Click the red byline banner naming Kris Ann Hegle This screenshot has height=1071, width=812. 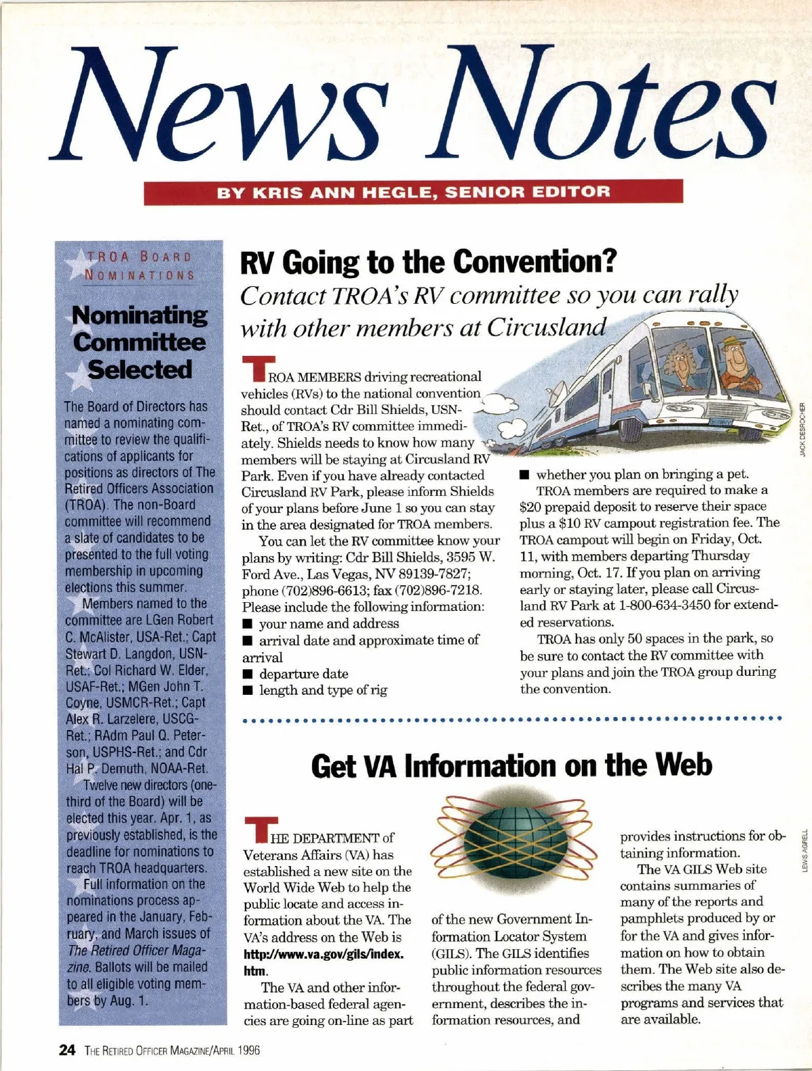[x=413, y=191]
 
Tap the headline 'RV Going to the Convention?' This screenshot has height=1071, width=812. [x=427, y=262]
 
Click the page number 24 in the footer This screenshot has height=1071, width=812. [x=66, y=1049]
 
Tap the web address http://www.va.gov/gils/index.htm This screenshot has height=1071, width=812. [x=323, y=961]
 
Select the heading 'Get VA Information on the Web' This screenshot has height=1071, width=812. [x=512, y=765]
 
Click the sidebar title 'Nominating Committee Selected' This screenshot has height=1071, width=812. [x=141, y=342]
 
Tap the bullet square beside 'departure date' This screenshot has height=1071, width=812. [x=248, y=674]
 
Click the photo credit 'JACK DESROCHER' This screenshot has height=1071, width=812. [x=803, y=430]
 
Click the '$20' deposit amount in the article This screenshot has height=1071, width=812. [x=531, y=506]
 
